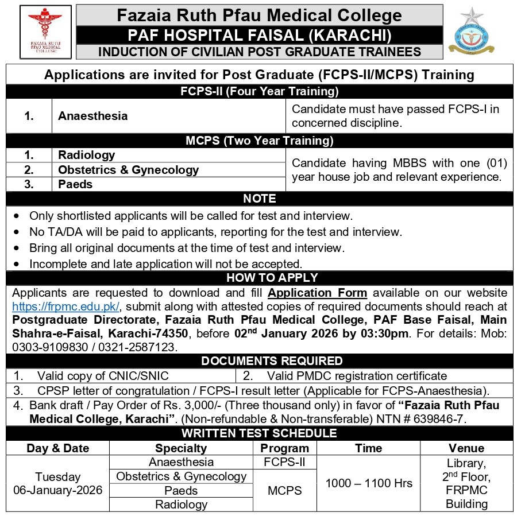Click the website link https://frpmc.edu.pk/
[x=66, y=305]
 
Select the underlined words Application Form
[x=318, y=293]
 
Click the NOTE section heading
[x=260, y=199]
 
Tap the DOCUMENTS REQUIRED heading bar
[x=260, y=361]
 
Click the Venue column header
[x=466, y=448]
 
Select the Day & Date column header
[x=57, y=448]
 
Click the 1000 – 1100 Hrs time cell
[x=369, y=483]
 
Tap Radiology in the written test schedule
[x=181, y=505]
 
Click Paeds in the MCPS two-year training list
[x=75, y=184]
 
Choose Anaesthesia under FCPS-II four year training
[x=93, y=116]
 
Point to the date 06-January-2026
[x=58, y=490]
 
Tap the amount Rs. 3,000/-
[x=177, y=405]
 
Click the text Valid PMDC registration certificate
[x=357, y=376]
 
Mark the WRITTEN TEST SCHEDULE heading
[x=260, y=433]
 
